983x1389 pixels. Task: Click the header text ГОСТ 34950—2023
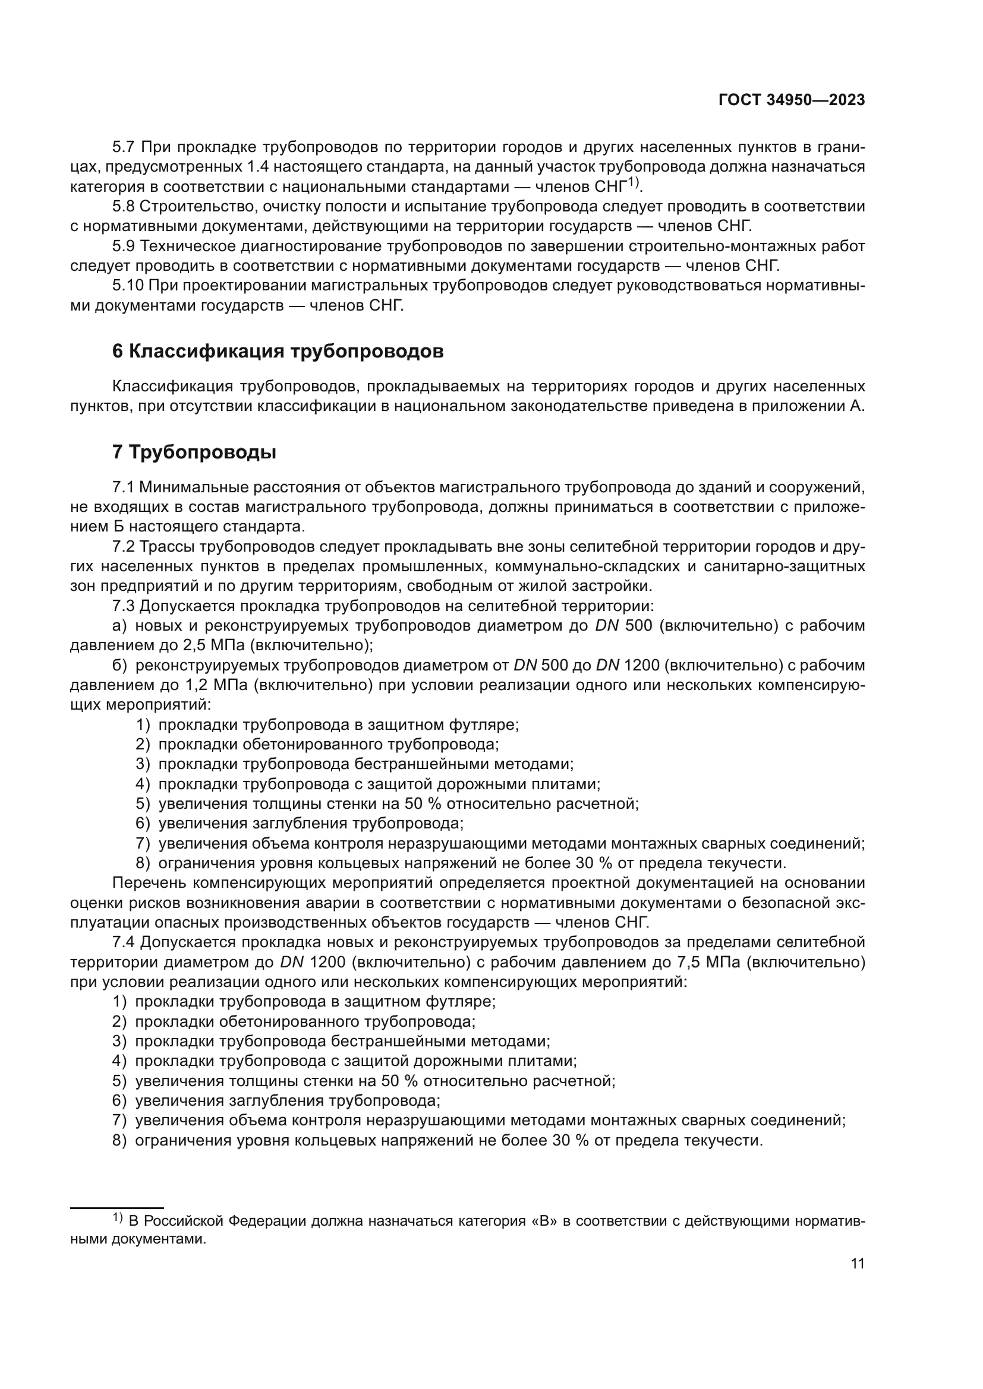791,100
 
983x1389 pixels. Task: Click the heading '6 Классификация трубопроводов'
278,352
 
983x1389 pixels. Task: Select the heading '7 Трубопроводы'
194,452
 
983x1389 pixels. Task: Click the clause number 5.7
124,147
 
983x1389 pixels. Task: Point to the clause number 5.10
128,286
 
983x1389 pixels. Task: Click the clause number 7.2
124,547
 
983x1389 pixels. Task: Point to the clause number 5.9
124,246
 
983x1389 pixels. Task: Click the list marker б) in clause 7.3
120,666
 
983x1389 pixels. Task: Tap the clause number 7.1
124,487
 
